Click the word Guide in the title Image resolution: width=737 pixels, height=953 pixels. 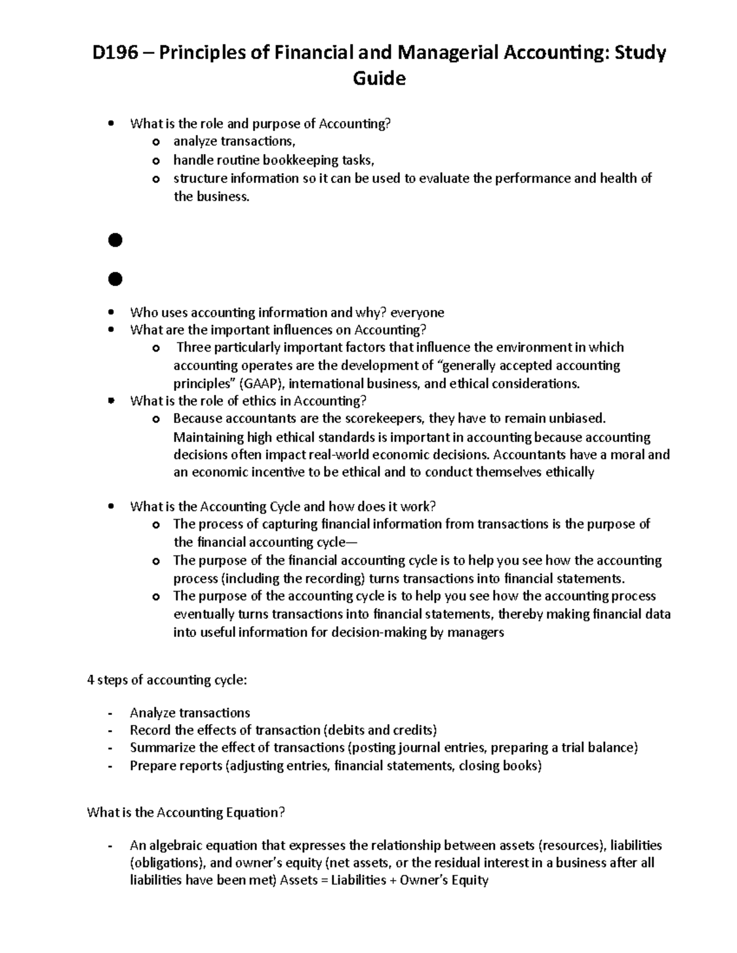(x=378, y=79)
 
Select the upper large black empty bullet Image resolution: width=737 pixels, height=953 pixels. (x=115, y=241)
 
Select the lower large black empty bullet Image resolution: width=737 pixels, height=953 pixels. (x=115, y=279)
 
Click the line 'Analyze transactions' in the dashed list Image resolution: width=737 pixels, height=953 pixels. (x=190, y=712)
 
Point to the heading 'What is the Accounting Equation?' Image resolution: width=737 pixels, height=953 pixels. (x=186, y=812)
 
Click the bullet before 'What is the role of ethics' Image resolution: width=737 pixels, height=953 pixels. (x=111, y=401)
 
